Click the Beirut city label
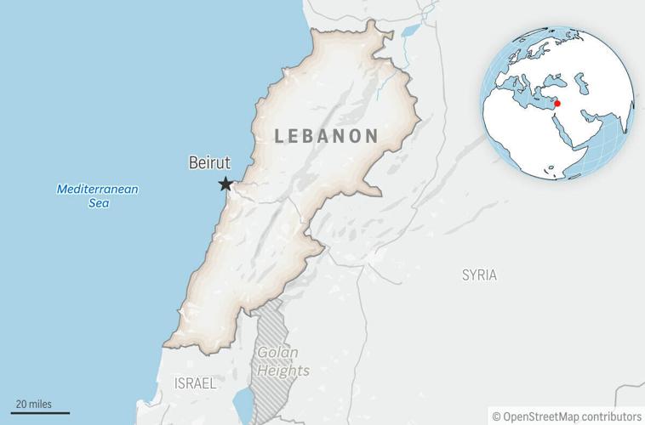click(208, 162)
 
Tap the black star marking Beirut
click(225, 184)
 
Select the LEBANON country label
click(327, 135)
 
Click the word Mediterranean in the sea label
click(98, 189)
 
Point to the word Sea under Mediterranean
click(98, 205)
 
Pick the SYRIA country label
click(479, 275)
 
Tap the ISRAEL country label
click(195, 383)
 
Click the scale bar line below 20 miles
click(41, 413)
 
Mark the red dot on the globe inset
click(557, 104)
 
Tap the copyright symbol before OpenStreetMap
click(496, 416)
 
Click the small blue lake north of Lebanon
click(410, 31)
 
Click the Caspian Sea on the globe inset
click(584, 83)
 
